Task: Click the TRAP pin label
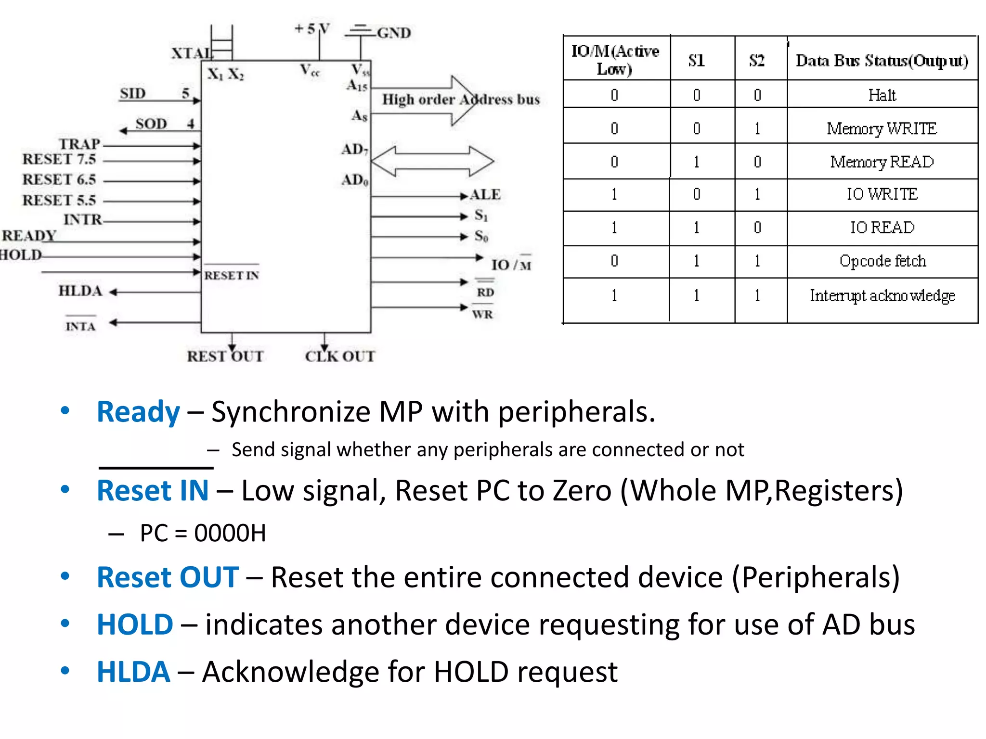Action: point(79,144)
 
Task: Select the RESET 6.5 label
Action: point(59,179)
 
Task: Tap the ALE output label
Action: point(485,194)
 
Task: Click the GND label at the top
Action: point(393,33)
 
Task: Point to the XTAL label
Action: point(192,53)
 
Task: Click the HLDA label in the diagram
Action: point(80,291)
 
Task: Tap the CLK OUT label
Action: point(340,357)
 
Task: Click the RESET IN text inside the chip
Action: point(232,275)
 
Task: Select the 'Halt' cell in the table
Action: point(882,95)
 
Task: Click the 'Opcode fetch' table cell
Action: point(882,261)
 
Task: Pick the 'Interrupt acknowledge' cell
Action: point(882,295)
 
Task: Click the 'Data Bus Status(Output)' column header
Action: point(882,61)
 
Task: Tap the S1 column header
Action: point(696,61)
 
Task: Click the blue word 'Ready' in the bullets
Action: point(138,412)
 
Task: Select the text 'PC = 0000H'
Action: point(203,533)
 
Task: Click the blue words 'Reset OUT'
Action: point(168,577)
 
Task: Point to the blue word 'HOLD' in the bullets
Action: point(135,624)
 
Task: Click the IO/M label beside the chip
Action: point(511,265)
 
